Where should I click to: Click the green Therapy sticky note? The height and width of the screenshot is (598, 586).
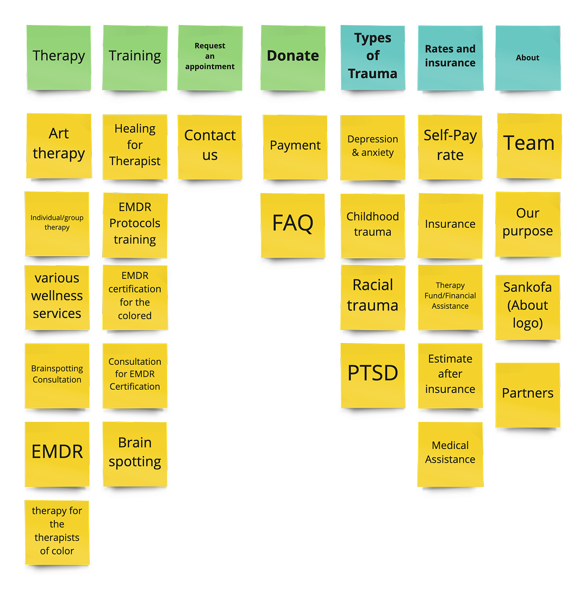tap(59, 57)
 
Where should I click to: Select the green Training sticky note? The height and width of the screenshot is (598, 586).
tap(135, 57)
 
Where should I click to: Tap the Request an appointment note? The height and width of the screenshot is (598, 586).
tap(210, 57)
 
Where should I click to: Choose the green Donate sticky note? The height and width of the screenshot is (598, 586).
tap(293, 57)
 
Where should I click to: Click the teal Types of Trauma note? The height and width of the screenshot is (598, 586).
tap(372, 57)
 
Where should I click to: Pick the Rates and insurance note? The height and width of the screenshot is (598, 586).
tap(450, 57)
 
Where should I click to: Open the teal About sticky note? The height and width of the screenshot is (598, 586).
tap(527, 58)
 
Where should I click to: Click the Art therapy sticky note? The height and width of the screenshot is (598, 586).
tap(59, 145)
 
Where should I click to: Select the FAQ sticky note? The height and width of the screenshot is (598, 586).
tap(292, 224)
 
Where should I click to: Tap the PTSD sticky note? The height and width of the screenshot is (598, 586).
tap(372, 374)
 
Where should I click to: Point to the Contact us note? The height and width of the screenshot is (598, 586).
tap(210, 146)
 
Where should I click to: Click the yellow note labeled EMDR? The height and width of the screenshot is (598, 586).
tap(57, 453)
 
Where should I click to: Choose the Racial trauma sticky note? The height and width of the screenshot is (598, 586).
tap(372, 296)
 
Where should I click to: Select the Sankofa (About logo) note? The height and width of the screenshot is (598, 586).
tap(527, 306)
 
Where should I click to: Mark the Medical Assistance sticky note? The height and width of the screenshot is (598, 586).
tap(450, 453)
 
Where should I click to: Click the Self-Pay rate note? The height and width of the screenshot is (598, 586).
tap(450, 146)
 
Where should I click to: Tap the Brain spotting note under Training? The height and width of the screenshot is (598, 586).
tap(135, 453)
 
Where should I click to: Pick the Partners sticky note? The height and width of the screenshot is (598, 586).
tap(527, 394)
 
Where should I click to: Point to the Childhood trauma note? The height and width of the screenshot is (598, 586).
tap(372, 225)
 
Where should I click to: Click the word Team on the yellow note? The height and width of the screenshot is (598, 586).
tap(529, 144)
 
